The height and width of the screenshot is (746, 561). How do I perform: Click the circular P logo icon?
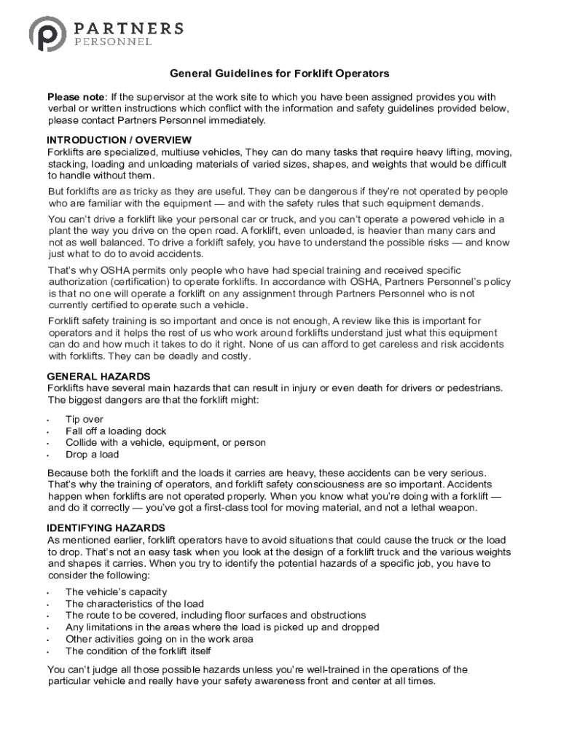click(49, 35)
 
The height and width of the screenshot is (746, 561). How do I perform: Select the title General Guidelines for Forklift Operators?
click(280, 74)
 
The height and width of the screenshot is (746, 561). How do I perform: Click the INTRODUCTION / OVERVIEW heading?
click(119, 140)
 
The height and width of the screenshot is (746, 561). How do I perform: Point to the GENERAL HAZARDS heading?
click(98, 377)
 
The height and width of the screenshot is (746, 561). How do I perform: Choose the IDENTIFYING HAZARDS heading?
click(106, 527)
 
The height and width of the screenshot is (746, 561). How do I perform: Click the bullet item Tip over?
click(85, 420)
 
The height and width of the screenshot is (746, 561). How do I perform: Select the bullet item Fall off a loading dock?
click(116, 431)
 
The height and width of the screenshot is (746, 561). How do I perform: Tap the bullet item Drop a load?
click(92, 455)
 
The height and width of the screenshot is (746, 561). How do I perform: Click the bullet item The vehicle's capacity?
click(116, 592)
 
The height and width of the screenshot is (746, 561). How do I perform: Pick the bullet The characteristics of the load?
click(135, 604)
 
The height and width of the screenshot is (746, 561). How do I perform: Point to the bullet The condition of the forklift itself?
click(138, 651)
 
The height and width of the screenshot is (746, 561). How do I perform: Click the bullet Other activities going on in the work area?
click(159, 639)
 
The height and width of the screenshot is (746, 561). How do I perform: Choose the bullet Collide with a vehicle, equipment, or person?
click(165, 443)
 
